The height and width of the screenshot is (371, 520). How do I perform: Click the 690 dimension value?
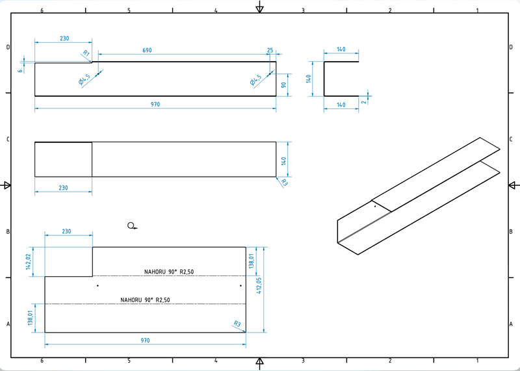[148, 50]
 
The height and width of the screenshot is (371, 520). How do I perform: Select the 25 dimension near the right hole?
[270, 50]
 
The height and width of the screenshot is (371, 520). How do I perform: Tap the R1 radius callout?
[86, 55]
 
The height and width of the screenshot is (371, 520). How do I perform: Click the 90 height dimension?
[284, 84]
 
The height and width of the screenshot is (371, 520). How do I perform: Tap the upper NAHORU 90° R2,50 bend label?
[169, 272]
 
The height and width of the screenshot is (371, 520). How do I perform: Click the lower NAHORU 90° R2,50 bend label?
[146, 300]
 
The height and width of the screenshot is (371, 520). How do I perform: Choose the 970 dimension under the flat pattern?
[145, 340]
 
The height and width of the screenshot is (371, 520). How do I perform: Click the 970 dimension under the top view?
[155, 105]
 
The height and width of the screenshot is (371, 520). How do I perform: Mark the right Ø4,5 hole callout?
[255, 81]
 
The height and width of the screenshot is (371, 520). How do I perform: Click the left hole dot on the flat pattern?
[97, 285]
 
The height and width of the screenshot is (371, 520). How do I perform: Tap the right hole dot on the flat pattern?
[240, 285]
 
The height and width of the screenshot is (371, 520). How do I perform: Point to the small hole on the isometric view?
[374, 206]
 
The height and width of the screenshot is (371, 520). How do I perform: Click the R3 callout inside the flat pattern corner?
[237, 324]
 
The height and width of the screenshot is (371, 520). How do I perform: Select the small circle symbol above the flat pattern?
[131, 225]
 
